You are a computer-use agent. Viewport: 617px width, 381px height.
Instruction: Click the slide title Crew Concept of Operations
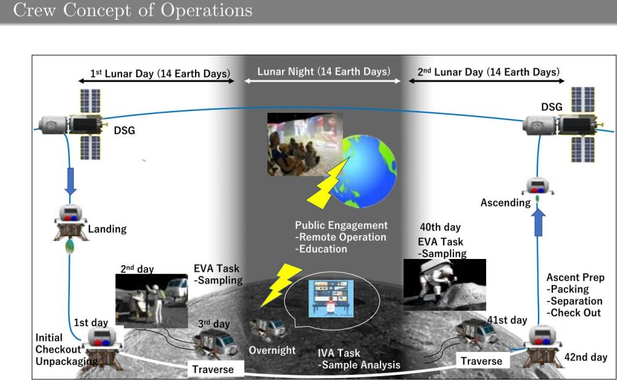[x=133, y=10]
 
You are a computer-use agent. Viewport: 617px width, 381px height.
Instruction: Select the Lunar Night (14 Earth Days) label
[x=324, y=71]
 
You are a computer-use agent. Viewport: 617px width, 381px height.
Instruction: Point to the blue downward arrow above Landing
[x=70, y=181]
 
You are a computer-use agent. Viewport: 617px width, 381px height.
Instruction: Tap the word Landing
[x=107, y=229]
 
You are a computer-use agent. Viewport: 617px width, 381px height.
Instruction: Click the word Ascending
[x=506, y=202]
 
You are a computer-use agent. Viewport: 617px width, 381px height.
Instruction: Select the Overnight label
[x=272, y=350]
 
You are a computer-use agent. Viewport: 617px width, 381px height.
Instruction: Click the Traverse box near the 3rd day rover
[x=213, y=369]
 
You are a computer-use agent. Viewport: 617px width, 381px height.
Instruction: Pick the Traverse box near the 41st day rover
[x=482, y=361]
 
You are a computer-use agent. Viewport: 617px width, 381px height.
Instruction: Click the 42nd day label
[x=586, y=357]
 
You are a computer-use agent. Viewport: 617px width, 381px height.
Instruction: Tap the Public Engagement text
[x=341, y=225]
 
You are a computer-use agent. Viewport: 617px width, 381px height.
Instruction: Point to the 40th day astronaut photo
[x=445, y=285]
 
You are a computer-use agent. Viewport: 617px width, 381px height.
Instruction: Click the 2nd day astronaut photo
[x=152, y=301]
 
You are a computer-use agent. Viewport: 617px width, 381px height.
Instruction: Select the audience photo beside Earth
[x=305, y=144]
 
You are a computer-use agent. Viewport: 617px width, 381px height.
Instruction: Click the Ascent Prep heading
[x=575, y=277]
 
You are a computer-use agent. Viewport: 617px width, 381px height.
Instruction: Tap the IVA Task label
[x=339, y=353]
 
